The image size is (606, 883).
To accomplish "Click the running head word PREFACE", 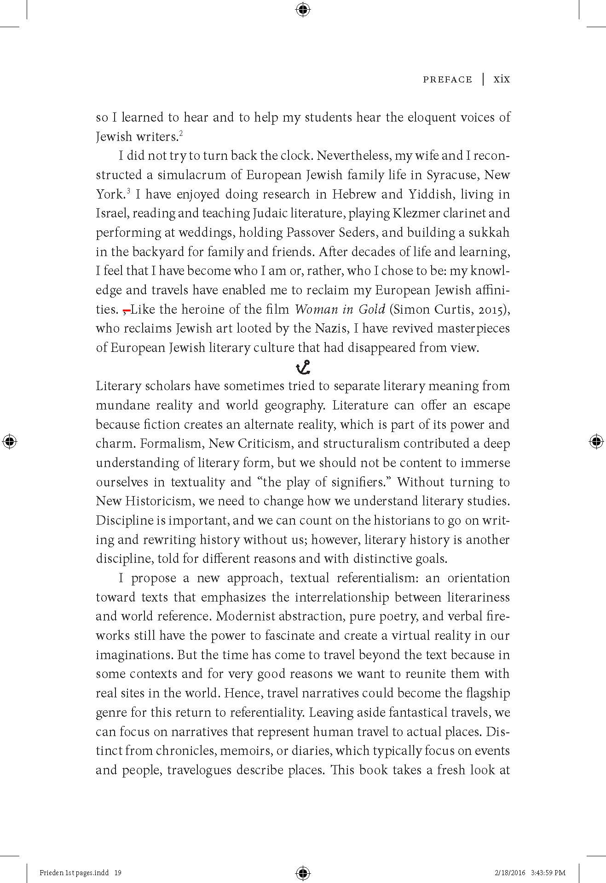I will coord(447,80).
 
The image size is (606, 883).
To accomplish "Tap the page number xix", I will coord(502,79).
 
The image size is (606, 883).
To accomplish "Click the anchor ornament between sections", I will coord(303,367).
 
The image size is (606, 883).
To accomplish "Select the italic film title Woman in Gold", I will coord(340,309).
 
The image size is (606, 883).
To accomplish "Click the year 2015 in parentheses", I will coord(491,310).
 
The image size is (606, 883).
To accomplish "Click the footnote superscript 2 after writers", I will coord(181,134).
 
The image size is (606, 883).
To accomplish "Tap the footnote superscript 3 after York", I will coord(129,191).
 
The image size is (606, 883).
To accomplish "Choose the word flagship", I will coord(485,693).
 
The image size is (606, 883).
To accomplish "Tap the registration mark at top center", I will coord(303,10).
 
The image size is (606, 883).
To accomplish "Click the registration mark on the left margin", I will coord(10,441).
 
